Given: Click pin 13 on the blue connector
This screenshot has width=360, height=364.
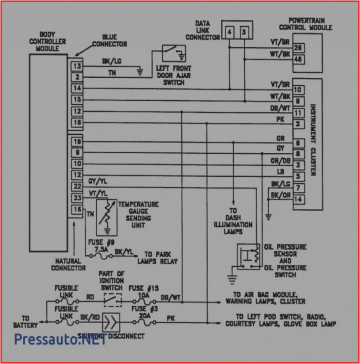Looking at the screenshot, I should coord(77,66).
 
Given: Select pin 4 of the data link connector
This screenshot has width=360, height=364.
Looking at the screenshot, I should coord(229,32).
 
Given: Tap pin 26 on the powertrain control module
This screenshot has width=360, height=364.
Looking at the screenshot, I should coord(298,48).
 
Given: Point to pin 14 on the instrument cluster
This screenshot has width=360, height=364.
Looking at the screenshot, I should coord(298,199).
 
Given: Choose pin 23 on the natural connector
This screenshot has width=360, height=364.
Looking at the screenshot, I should coord(77,198).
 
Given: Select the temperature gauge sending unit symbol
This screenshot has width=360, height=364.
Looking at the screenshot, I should coord(106,216).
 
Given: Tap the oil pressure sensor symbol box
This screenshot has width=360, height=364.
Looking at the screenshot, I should coord(249,256).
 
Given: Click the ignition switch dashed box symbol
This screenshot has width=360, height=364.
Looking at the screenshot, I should coord(112,300).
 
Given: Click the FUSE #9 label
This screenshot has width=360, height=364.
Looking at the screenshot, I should coord(104,243).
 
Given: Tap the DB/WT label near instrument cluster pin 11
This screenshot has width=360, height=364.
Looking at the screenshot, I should coord(280,108).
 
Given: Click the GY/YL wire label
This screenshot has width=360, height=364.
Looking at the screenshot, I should coord(97,181).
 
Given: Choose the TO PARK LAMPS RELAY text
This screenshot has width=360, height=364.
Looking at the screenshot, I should coord(161,258).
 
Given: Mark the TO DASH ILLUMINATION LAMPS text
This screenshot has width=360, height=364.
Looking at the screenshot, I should coord(233,221).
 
